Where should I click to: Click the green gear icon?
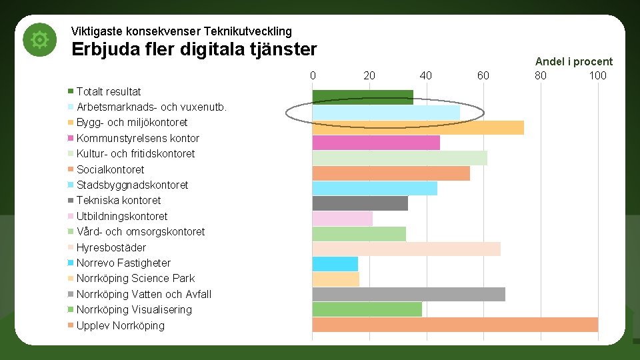coord(40,41)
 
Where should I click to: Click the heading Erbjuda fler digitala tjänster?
coord(194,50)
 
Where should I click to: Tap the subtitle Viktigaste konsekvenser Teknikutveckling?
coord(181,31)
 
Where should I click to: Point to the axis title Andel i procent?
coord(573,61)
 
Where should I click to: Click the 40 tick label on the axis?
coord(426,75)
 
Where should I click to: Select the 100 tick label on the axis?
coord(597,75)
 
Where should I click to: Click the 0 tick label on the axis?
coord(313,75)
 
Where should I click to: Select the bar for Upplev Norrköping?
coord(455,325)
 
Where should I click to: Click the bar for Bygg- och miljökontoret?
coord(418,127)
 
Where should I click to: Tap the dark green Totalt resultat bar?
coord(363,97)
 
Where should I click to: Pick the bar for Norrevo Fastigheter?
coord(335,263)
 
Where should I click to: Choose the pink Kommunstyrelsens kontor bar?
coord(376,143)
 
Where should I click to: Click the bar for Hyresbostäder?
coord(406,248)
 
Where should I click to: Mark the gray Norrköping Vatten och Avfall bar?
coord(409,294)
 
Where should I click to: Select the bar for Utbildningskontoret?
coord(343,218)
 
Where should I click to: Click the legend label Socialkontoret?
coord(110,169)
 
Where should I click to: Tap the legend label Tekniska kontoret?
coord(119,200)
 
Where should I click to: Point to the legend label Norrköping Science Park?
coord(135,278)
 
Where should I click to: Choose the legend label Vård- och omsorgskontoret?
coord(141,231)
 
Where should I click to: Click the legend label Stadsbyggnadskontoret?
coord(132,185)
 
